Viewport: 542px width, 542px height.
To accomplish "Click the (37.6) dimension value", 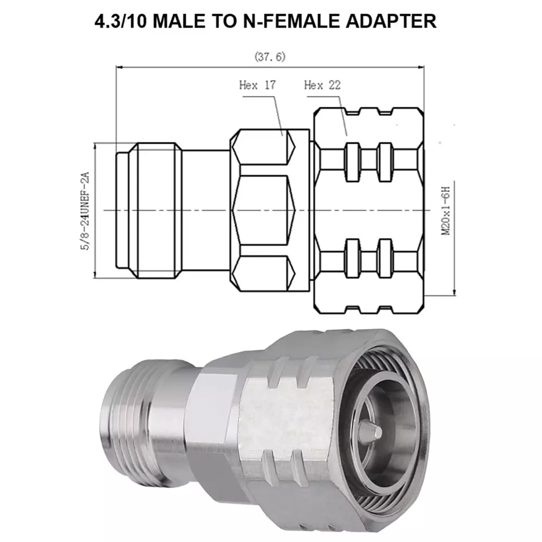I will click(269, 56).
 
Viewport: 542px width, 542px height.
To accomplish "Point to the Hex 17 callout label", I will click(257, 85).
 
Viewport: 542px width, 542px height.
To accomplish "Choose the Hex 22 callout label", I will click(322, 85).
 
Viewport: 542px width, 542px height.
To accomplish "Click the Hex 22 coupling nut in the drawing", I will click(369, 209).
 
